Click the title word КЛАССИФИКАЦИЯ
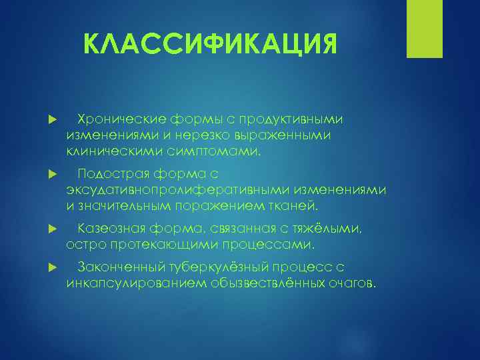(x=211, y=46)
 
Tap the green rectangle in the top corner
(x=425, y=29)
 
